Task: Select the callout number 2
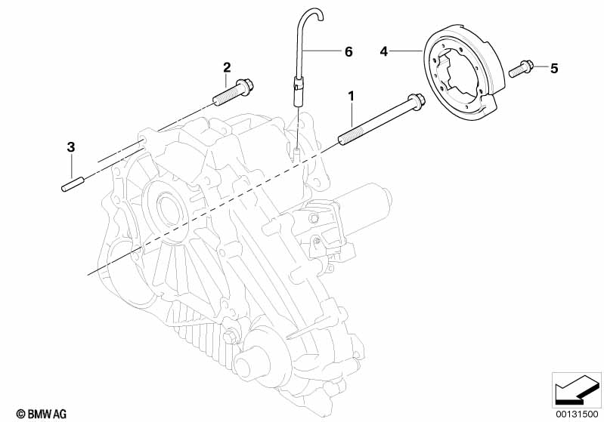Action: pyautogui.click(x=226, y=67)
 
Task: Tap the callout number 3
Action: pyautogui.click(x=70, y=146)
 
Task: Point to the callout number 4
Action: pyautogui.click(x=384, y=51)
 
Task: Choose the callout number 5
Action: pyautogui.click(x=553, y=69)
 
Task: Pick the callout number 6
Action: pyautogui.click(x=348, y=51)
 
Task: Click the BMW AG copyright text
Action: pyautogui.click(x=36, y=413)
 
